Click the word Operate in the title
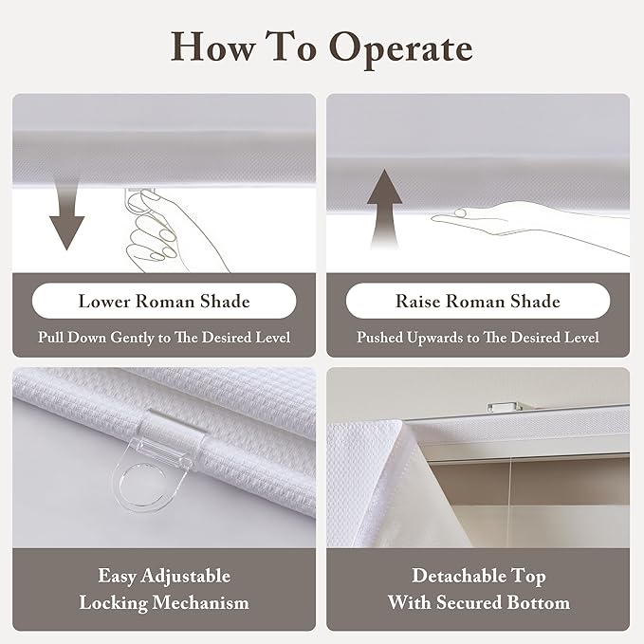401,49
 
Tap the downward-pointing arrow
67,214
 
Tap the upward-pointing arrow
384,209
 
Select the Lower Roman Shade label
164,301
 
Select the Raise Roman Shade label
478,301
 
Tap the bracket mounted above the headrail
504,407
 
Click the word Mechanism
200,603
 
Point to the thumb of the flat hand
462,212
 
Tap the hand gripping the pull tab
164,230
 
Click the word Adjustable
185,576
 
